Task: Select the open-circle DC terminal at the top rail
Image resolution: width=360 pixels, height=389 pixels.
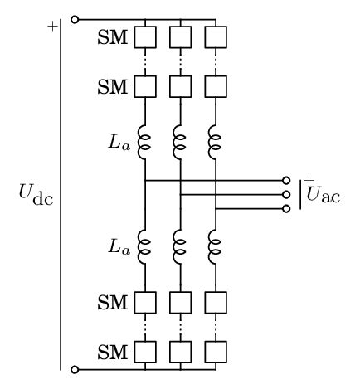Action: click(75, 18)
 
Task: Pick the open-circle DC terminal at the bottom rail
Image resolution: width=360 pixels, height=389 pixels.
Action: click(75, 369)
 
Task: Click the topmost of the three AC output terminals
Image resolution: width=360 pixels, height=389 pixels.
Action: click(286, 180)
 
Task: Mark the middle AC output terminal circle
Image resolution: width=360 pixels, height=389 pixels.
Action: click(286, 194)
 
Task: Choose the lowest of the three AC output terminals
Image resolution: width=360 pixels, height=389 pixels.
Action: click(286, 208)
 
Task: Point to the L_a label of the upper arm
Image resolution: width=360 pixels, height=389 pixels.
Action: click(119, 142)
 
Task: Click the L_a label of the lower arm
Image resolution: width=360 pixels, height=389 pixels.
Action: click(119, 246)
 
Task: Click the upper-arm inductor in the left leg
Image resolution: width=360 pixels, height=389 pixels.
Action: click(144, 141)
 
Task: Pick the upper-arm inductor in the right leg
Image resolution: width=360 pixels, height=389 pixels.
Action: click(215, 141)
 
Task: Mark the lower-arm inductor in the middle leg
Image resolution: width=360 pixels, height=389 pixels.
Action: click(180, 246)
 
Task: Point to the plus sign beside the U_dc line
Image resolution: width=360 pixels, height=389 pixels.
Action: click(52, 26)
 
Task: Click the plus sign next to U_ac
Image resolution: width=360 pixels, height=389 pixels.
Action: click(309, 180)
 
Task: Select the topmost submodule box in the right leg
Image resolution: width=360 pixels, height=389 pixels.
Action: click(215, 37)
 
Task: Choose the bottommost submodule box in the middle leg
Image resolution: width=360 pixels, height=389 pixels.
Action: click(180, 352)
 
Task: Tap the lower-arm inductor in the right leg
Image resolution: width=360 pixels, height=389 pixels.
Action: click(215, 246)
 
